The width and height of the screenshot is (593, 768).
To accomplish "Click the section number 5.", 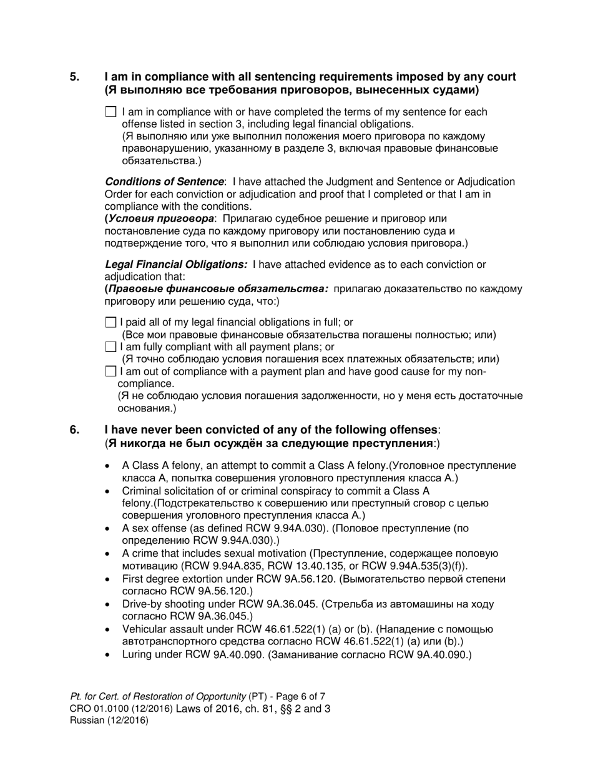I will [x=74, y=77].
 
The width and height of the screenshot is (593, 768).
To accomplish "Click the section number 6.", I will [x=74, y=430].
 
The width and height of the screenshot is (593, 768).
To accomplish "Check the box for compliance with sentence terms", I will [x=111, y=112].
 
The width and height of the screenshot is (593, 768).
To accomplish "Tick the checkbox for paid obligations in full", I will [x=111, y=323].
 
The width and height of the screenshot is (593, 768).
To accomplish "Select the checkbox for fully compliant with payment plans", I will [x=111, y=347].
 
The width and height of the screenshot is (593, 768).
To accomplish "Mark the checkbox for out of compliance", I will [x=111, y=372].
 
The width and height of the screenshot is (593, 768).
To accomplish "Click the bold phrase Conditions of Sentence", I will [x=164, y=182].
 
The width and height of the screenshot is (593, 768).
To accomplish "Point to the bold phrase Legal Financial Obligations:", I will [x=176, y=265].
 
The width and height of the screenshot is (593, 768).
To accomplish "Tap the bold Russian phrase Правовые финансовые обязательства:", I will [x=218, y=289].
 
